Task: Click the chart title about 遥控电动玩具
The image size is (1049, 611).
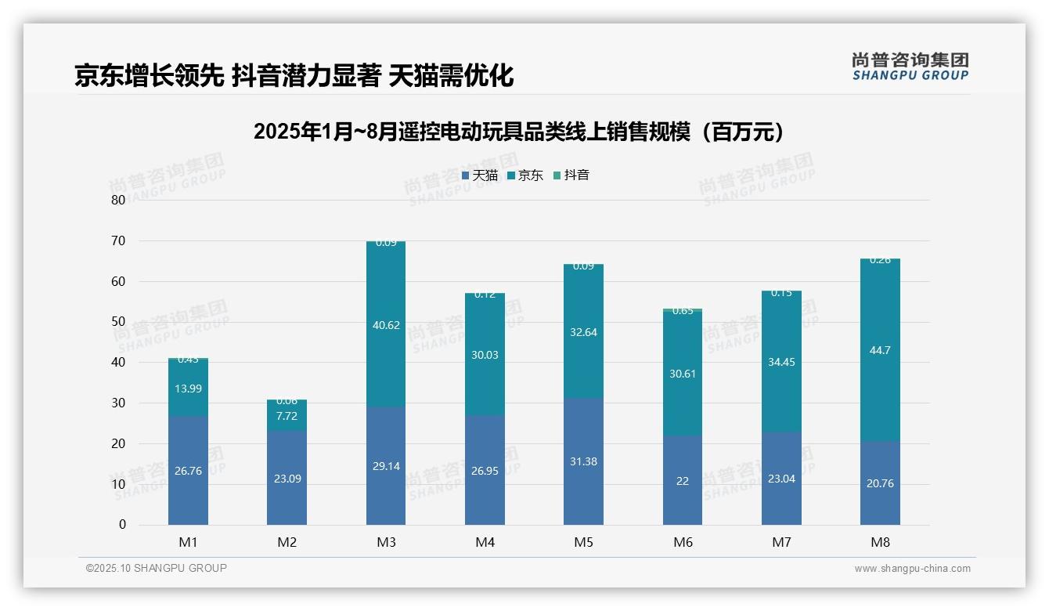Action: pos(518,132)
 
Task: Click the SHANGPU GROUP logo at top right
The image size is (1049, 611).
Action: pos(910,67)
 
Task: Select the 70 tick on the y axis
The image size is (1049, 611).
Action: pos(118,240)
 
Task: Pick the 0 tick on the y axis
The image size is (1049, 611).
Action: pos(122,525)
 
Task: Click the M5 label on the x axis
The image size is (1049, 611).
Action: pos(583,542)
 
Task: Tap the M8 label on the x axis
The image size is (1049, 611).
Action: pos(880,542)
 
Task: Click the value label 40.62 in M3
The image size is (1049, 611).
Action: pos(386,325)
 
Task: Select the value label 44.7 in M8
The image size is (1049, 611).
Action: pos(880,350)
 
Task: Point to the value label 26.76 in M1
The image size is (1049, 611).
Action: pos(188,471)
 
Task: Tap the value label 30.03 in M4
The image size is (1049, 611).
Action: pos(485,355)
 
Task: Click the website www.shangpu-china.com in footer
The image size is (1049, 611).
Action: pos(912,569)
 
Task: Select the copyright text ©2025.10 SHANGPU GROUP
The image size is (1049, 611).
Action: pos(157,568)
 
